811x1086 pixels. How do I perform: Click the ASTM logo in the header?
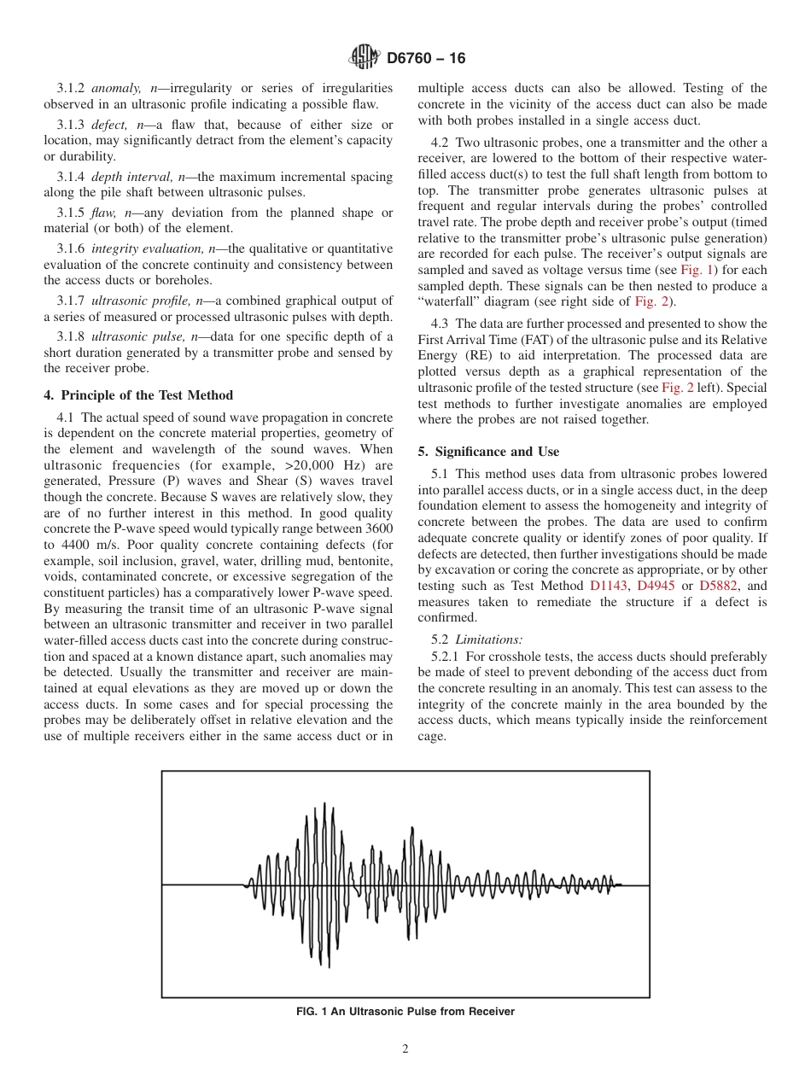point(365,57)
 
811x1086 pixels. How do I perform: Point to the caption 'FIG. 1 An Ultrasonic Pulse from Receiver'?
point(405,1012)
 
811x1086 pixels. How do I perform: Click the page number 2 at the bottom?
point(405,1049)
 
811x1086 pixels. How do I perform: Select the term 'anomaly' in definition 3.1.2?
point(113,88)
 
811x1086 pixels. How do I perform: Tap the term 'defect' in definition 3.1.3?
point(108,125)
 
